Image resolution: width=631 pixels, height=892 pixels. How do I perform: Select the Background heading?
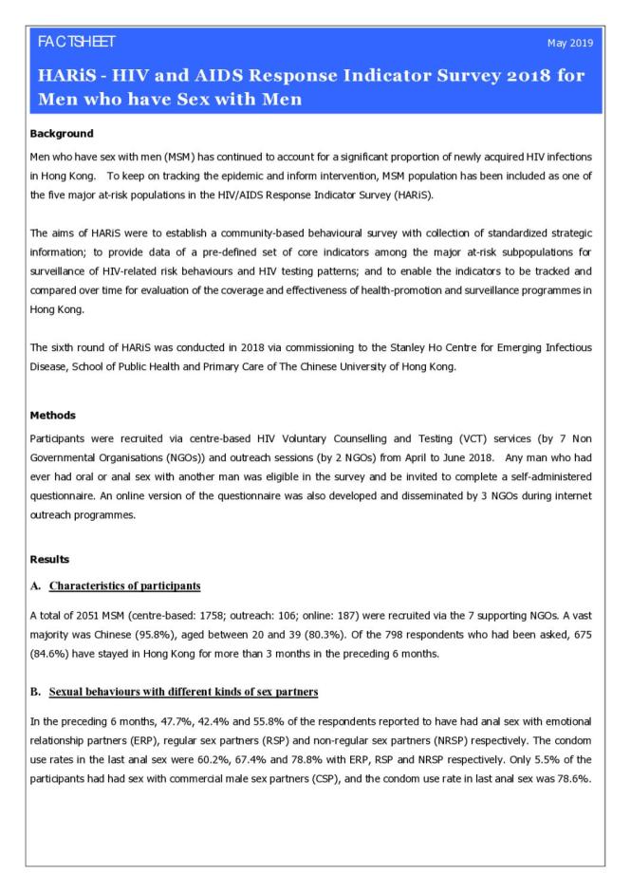66,133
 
